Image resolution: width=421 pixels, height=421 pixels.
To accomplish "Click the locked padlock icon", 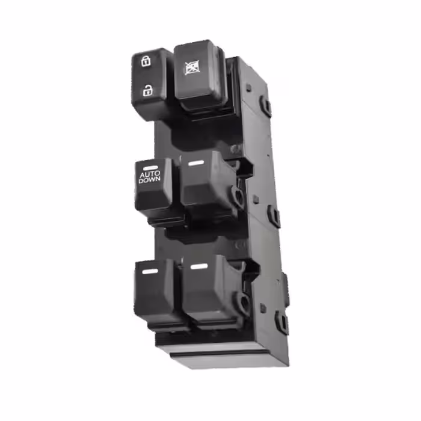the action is [x=146, y=61].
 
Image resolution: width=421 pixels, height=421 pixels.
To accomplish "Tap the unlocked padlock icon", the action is [x=147, y=90].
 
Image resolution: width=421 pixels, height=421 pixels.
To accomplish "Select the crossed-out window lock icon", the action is [x=192, y=67].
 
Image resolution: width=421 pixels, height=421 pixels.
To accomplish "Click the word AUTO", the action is [x=150, y=174].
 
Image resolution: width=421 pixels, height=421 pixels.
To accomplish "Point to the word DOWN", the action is [x=150, y=180].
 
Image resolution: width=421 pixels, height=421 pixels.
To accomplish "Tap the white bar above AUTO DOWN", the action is [x=150, y=168].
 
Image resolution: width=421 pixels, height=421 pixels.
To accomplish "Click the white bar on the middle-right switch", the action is [x=196, y=163].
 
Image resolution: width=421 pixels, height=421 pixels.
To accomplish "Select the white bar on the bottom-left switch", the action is [x=150, y=271].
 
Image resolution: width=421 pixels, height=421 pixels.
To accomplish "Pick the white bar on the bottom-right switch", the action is [x=199, y=266].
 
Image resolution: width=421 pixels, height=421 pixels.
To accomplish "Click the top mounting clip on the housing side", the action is [x=266, y=105].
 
